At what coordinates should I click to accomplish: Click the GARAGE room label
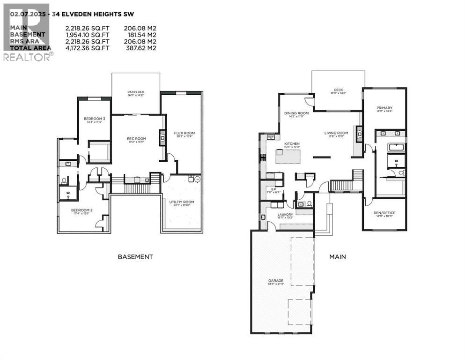click(x=276, y=281)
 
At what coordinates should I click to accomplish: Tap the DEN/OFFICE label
click(x=384, y=213)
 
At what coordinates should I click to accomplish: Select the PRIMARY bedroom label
click(x=384, y=108)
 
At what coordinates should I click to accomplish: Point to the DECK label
click(x=339, y=90)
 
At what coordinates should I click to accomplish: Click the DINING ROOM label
click(x=296, y=113)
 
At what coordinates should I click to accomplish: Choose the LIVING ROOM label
click(x=336, y=133)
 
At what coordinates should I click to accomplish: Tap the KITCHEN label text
click(x=288, y=143)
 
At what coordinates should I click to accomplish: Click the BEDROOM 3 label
click(x=94, y=119)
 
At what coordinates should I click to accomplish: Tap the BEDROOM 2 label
click(x=81, y=210)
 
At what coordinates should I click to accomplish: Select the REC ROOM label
click(x=137, y=138)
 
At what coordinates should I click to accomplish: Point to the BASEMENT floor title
click(x=135, y=256)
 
